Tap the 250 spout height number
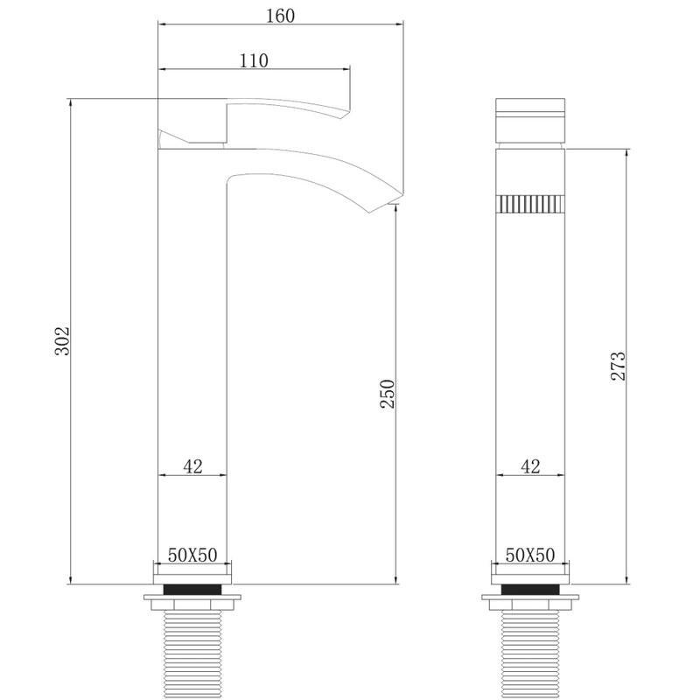point(388,394)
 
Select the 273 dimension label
point(617,366)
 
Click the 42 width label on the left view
point(193,466)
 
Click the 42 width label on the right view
point(530,466)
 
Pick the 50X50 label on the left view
point(192,556)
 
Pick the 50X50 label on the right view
point(530,556)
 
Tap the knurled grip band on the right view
point(530,204)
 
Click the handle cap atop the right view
point(530,121)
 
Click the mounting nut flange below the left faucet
point(193,603)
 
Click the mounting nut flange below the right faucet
point(530,603)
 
